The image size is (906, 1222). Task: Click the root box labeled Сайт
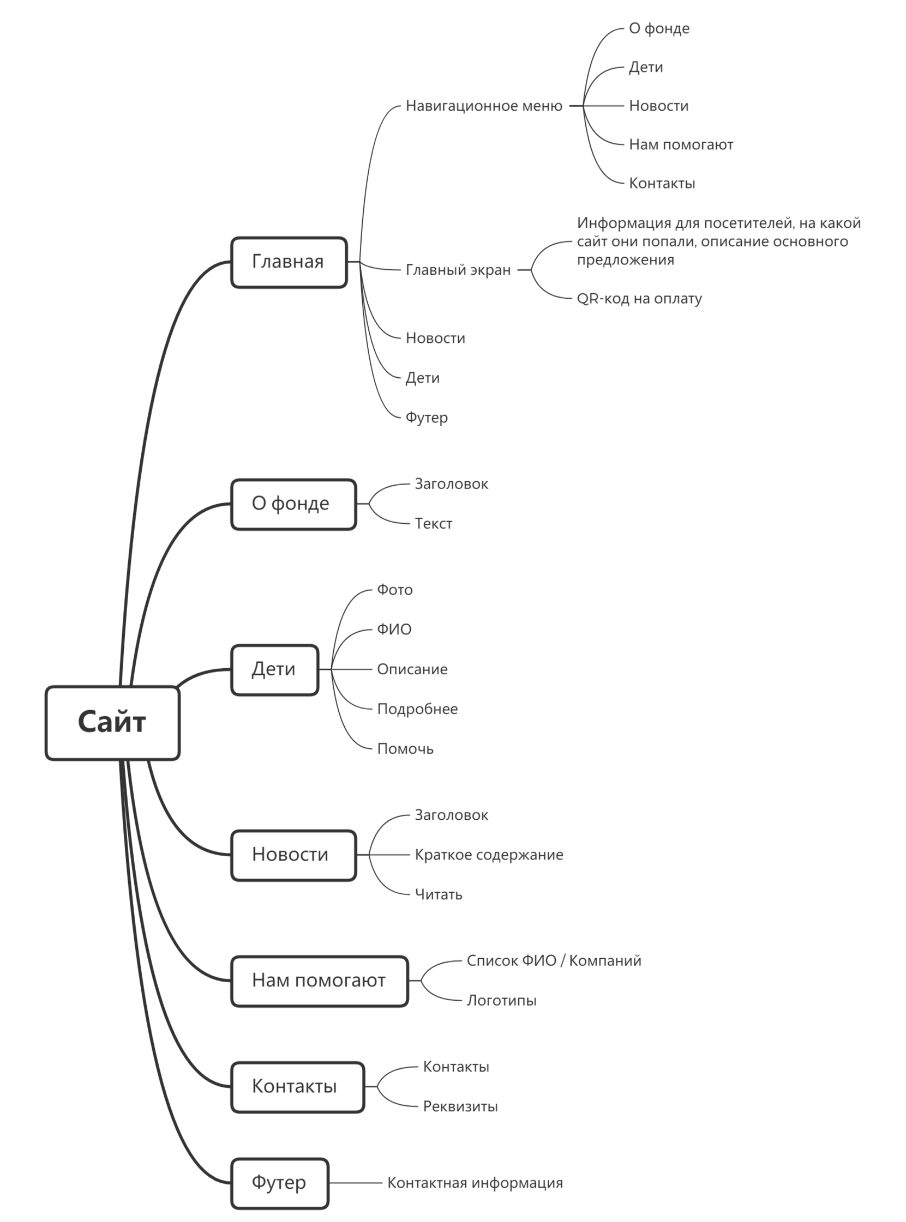112,723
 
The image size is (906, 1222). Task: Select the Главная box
289,263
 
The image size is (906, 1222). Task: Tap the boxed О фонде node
293,504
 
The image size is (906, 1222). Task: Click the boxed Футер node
280,1183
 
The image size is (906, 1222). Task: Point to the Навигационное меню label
484,106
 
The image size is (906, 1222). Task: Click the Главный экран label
459,270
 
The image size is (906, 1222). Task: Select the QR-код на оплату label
639,299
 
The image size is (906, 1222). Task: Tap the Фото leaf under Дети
395,590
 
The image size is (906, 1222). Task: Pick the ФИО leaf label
394,630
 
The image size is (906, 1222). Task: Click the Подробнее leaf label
417,709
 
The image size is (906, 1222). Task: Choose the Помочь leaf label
405,749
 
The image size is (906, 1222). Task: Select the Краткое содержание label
489,855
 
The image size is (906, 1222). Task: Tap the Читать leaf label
439,895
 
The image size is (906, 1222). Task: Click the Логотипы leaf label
502,1001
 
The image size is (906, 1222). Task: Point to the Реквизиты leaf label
461,1106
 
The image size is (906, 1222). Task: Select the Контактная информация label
476,1183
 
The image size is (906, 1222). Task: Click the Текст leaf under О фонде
434,524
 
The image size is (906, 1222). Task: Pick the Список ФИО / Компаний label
555,960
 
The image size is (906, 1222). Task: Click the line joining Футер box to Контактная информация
356,1183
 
